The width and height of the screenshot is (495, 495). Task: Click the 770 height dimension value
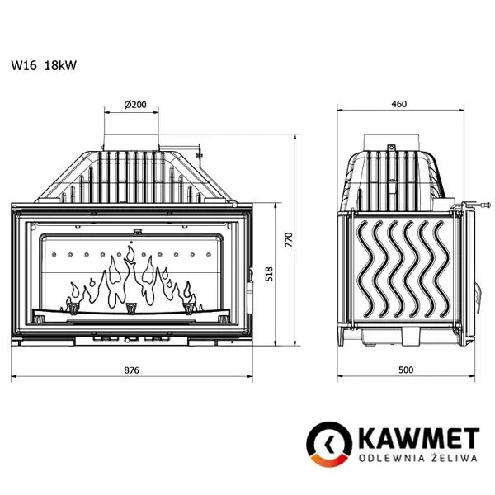[289, 240]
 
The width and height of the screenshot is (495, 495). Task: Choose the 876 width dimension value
[132, 370]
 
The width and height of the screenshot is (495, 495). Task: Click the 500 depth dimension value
[404, 370]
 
